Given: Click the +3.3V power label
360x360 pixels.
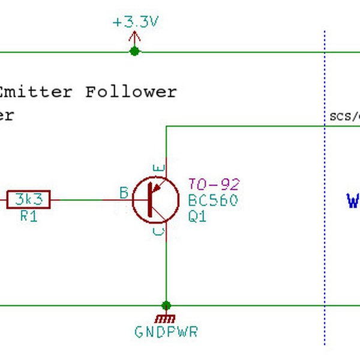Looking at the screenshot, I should pyautogui.click(x=136, y=23).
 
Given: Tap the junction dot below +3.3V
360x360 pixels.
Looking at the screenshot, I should pyautogui.click(x=134, y=52).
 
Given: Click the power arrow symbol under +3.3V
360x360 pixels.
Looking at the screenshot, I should pyautogui.click(x=134, y=39).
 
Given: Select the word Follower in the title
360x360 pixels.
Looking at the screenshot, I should pyautogui.click(x=131, y=92).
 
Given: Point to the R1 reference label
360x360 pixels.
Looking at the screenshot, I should pyautogui.click(x=28, y=217).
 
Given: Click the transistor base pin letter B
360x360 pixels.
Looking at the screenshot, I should pyautogui.click(x=124, y=193).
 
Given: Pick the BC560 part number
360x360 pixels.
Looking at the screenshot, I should pyautogui.click(x=212, y=200).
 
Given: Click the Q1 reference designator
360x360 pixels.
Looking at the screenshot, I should pyautogui.click(x=197, y=217).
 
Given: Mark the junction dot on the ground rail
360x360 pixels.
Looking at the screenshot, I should pyautogui.click(x=166, y=305).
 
